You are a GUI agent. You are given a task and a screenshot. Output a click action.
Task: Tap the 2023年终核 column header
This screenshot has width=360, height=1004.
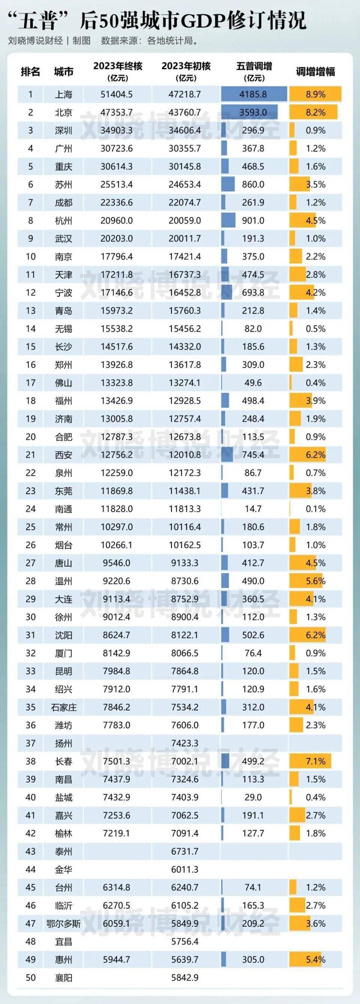pos(117,71)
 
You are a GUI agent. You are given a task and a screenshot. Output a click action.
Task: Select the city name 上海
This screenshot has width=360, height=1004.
pos(63,94)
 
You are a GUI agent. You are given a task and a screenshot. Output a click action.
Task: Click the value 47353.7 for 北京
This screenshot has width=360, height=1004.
pos(117,113)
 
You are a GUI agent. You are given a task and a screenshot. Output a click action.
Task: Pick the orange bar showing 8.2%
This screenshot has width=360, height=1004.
pos(313,113)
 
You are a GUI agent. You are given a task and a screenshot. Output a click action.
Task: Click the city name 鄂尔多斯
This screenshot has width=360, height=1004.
pos(63,924)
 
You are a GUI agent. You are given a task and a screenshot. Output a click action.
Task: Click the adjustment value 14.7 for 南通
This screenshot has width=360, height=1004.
pos(253,509)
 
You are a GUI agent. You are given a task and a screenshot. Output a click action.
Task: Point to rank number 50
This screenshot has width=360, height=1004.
pos(30,977)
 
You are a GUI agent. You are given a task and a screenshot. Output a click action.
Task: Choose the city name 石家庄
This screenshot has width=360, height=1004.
pos(63,707)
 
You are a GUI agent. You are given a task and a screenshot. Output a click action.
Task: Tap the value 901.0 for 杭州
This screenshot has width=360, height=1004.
pos(253,221)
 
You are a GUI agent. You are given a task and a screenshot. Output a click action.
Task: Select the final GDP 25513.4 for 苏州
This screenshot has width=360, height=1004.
pos(117,185)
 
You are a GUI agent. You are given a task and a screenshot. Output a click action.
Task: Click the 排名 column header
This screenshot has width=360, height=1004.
pos(30,72)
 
